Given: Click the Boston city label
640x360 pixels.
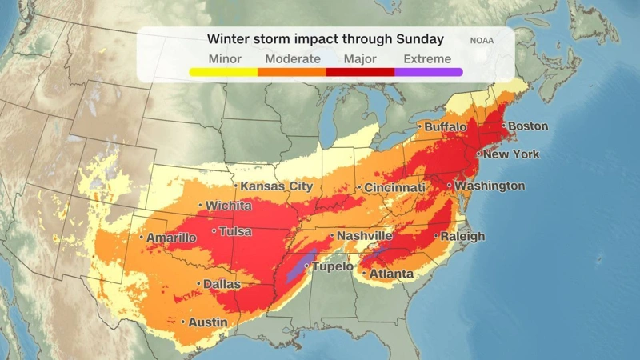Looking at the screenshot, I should pyautogui.click(x=528, y=126).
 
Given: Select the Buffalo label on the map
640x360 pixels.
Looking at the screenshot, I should pyautogui.click(x=445, y=127).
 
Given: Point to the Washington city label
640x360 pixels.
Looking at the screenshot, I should pyautogui.click(x=490, y=186).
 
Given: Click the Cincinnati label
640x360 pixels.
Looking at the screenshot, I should pyautogui.click(x=394, y=187).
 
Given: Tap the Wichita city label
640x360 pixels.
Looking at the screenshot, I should pyautogui.click(x=228, y=206).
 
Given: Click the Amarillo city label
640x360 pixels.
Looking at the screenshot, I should pyautogui.click(x=170, y=238).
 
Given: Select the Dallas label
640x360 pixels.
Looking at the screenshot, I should pyautogui.click(x=222, y=284).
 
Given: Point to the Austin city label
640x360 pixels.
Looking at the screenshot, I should pyautogui.click(x=207, y=322).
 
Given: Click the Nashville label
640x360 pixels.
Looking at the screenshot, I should pyautogui.click(x=364, y=236).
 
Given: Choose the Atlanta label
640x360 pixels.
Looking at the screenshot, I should pyautogui.click(x=390, y=274).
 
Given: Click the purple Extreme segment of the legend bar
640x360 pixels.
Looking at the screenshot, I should pyautogui.click(x=428, y=72).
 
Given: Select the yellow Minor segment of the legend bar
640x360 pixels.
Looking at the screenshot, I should pyautogui.click(x=223, y=72).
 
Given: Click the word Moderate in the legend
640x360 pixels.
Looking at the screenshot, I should pyautogui.click(x=293, y=58).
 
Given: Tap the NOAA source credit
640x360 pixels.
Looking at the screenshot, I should pyautogui.click(x=482, y=39).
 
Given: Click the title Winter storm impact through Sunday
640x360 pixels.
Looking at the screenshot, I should pyautogui.click(x=326, y=38).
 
